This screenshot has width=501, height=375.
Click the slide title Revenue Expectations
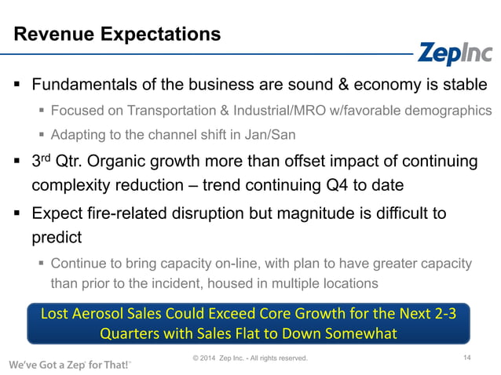[118, 35]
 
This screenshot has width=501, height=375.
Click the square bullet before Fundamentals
[16, 85]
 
